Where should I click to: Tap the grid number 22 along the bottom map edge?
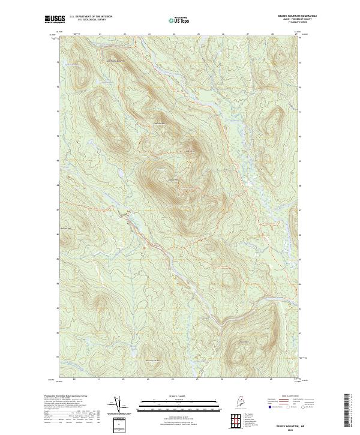click(x=124, y=380)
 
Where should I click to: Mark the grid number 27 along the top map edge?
click(x=247, y=34)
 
